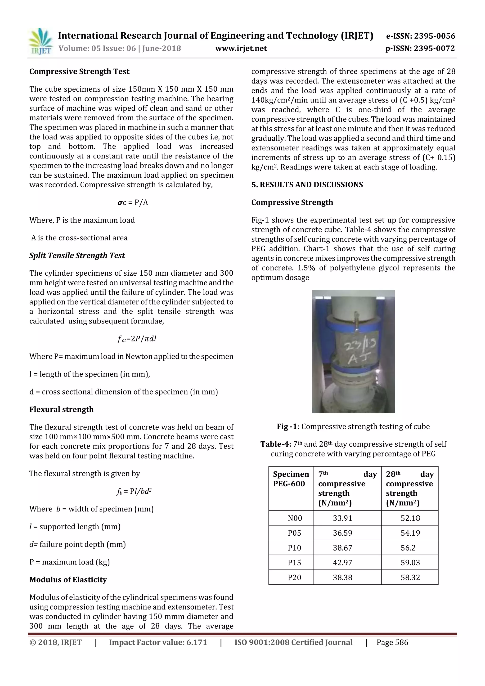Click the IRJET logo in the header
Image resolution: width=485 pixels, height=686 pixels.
coord(40,41)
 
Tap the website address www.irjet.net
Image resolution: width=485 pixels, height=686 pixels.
coord(241,48)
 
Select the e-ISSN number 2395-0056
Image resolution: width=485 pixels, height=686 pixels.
coord(420,36)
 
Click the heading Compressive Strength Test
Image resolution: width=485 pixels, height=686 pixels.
coord(79,72)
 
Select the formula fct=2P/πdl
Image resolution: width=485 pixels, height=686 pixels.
coord(137,339)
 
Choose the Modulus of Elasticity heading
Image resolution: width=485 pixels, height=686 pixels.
coord(68,579)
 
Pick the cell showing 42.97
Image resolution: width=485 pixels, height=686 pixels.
coord(342,562)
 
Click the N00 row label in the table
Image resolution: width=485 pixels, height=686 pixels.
coord(295,518)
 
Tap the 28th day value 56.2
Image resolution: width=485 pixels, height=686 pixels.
coord(410,548)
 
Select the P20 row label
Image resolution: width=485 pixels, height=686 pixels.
coord(294,577)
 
